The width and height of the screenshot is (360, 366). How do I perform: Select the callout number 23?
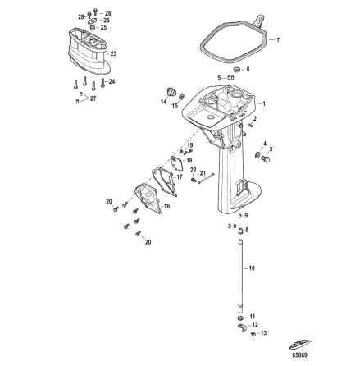point(113,53)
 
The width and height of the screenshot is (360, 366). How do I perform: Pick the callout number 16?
point(166,207)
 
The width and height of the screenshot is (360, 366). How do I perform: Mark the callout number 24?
point(112,80)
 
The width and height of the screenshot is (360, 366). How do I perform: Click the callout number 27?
point(93,98)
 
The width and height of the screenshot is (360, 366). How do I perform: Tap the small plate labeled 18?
point(176,160)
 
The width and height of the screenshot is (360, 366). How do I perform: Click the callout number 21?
point(203,174)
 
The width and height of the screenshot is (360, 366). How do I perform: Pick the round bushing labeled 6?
point(236,71)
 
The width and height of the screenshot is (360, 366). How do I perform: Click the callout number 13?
point(263,334)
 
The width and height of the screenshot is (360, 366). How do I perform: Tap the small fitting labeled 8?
point(239,231)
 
